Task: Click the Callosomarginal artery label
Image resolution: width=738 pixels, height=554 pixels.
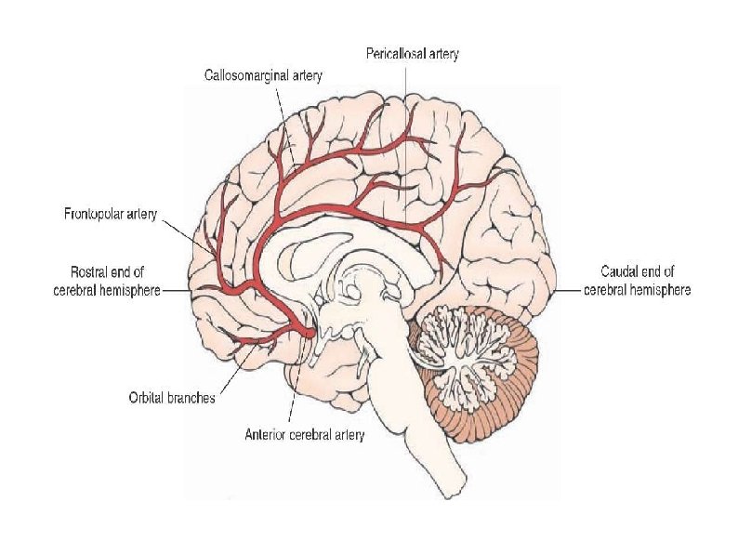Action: tap(263, 75)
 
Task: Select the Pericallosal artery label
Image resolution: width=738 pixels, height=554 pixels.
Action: tap(412, 55)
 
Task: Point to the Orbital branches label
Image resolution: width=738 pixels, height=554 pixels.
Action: tap(172, 398)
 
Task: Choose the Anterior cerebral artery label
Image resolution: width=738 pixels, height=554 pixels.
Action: tap(304, 433)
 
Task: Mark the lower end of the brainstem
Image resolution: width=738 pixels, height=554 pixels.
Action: tap(459, 483)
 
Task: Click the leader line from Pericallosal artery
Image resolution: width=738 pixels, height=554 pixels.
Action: tap(405, 139)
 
